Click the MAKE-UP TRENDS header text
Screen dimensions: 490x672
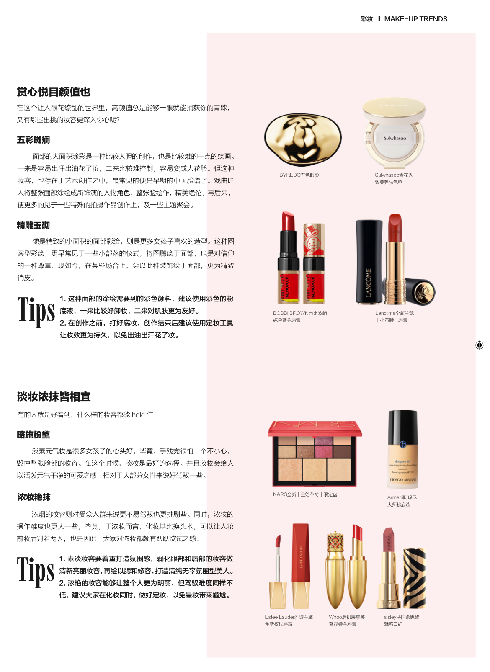(x=415, y=19)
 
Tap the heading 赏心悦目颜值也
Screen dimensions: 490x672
(x=54, y=92)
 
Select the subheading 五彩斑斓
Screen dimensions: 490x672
(x=34, y=140)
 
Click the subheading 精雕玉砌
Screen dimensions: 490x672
(x=34, y=225)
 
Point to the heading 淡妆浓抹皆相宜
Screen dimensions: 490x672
(x=54, y=397)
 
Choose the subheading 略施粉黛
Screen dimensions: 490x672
(x=34, y=435)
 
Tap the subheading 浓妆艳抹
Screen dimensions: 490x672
(x=34, y=497)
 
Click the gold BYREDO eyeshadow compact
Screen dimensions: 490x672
(x=303, y=139)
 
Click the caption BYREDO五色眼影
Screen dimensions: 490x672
(x=299, y=175)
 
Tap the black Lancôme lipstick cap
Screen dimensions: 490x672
(x=369, y=262)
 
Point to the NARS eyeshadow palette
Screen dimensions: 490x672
(x=315, y=453)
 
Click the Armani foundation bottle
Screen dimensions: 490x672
(x=403, y=449)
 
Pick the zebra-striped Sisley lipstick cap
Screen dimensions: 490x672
(x=414, y=578)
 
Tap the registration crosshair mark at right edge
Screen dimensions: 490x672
(x=479, y=345)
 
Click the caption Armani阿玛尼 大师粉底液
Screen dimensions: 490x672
(x=402, y=501)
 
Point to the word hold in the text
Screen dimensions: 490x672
(x=138, y=415)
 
